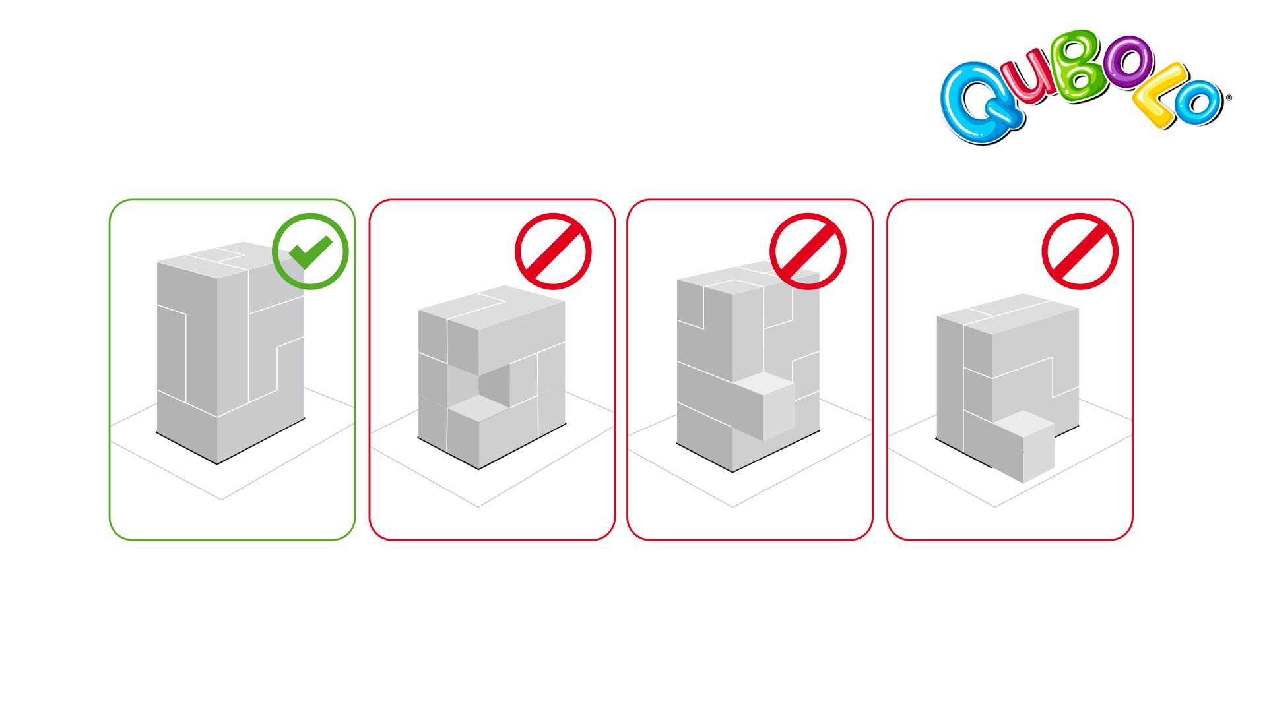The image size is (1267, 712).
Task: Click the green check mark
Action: coord(310,252)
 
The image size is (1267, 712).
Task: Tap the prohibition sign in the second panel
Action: coord(553,251)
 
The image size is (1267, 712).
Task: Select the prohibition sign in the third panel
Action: coord(808,251)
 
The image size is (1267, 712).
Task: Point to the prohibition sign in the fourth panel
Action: coord(1080,251)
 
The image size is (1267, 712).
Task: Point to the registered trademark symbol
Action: coord(1229,98)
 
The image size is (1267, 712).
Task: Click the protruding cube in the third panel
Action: coord(769,405)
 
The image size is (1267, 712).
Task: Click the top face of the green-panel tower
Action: coord(230,260)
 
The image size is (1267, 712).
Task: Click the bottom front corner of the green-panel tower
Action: coord(218,464)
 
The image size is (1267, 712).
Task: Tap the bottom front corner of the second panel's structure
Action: coord(478,469)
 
